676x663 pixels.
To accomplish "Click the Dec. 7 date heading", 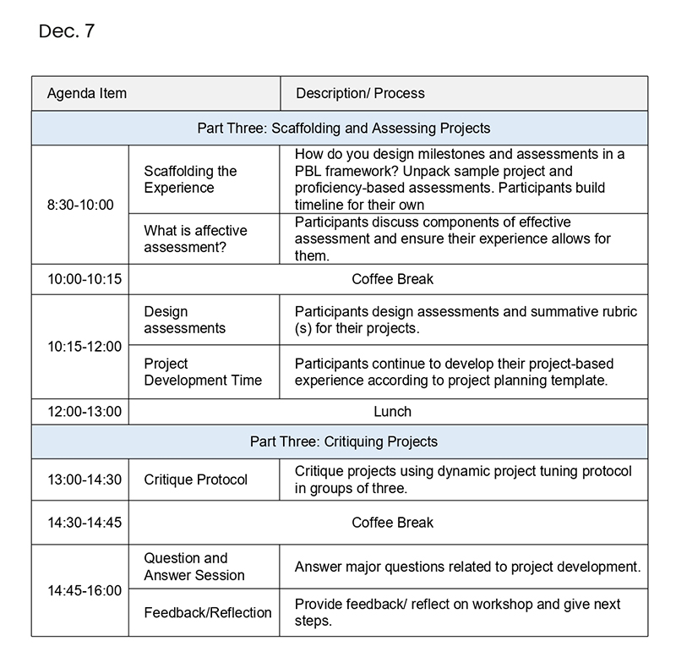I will pos(67,31).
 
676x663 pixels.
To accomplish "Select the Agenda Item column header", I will pos(87,93).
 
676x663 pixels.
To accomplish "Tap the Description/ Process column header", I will pos(360,93).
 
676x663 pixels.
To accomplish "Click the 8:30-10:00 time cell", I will pos(80,205).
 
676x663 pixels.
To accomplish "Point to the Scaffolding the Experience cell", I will pos(190,179).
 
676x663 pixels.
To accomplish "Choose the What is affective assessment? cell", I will pos(195,239).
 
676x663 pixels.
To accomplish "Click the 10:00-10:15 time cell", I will pos(80,279).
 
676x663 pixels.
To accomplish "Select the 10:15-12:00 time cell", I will pos(84,346).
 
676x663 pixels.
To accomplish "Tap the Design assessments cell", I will pos(184,320).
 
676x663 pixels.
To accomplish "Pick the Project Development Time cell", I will pos(203,372).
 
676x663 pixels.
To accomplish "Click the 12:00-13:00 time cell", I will pos(84,412).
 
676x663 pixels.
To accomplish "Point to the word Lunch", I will pos(392,412).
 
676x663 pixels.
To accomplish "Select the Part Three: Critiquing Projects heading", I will pos(344,441).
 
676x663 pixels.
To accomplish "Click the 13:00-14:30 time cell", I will pos(84,479).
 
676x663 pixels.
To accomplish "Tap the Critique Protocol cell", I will pos(196,479).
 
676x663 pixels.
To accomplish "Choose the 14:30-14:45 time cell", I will pos(84,523).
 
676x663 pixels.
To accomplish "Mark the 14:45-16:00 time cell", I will pos(84,590).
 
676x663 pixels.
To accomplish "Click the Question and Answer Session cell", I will pos(194,567).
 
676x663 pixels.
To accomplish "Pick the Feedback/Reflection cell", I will pos(208,612).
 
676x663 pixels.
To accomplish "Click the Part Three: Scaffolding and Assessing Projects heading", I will pos(344,129).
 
